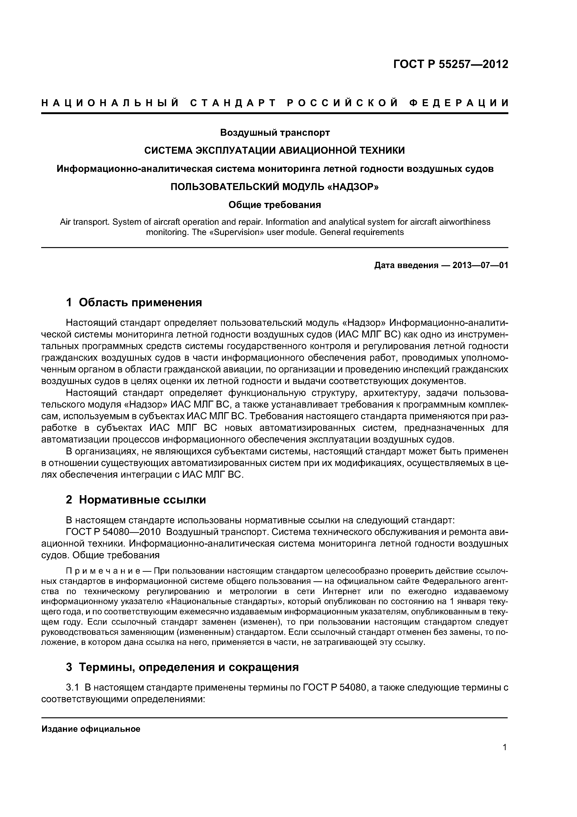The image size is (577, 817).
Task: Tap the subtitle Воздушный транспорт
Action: (275, 133)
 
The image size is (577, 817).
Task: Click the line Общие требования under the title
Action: (275, 205)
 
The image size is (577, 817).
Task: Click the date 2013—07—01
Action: (480, 266)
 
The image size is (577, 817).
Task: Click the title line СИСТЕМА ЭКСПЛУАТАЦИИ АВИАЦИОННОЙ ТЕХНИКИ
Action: (275, 150)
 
